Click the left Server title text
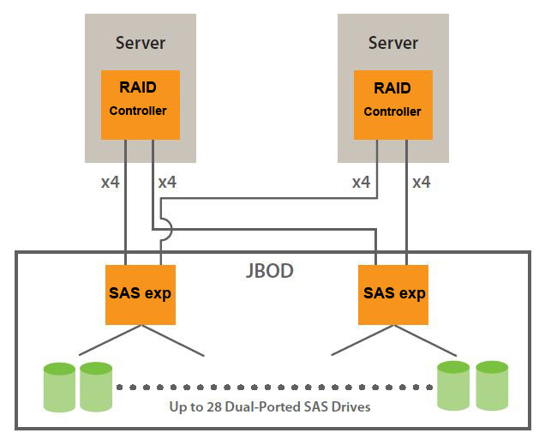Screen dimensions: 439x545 pyautogui.click(x=140, y=42)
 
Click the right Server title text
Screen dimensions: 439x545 pyautogui.click(x=393, y=42)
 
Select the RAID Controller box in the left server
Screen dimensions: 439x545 pyautogui.click(x=141, y=104)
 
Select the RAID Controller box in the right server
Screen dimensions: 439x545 pyautogui.click(x=393, y=104)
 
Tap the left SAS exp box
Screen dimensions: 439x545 pyautogui.click(x=141, y=293)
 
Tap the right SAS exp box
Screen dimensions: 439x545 pyautogui.click(x=393, y=293)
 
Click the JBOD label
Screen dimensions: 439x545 pyautogui.click(x=269, y=271)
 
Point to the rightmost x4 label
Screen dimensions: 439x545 pyautogui.click(x=421, y=183)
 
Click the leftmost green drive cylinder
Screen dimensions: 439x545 pyautogui.click(x=59, y=387)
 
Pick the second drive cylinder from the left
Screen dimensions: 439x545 pyautogui.click(x=96, y=387)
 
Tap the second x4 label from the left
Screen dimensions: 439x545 pyautogui.click(x=168, y=183)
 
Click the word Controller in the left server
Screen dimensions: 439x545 pyautogui.click(x=138, y=111)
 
